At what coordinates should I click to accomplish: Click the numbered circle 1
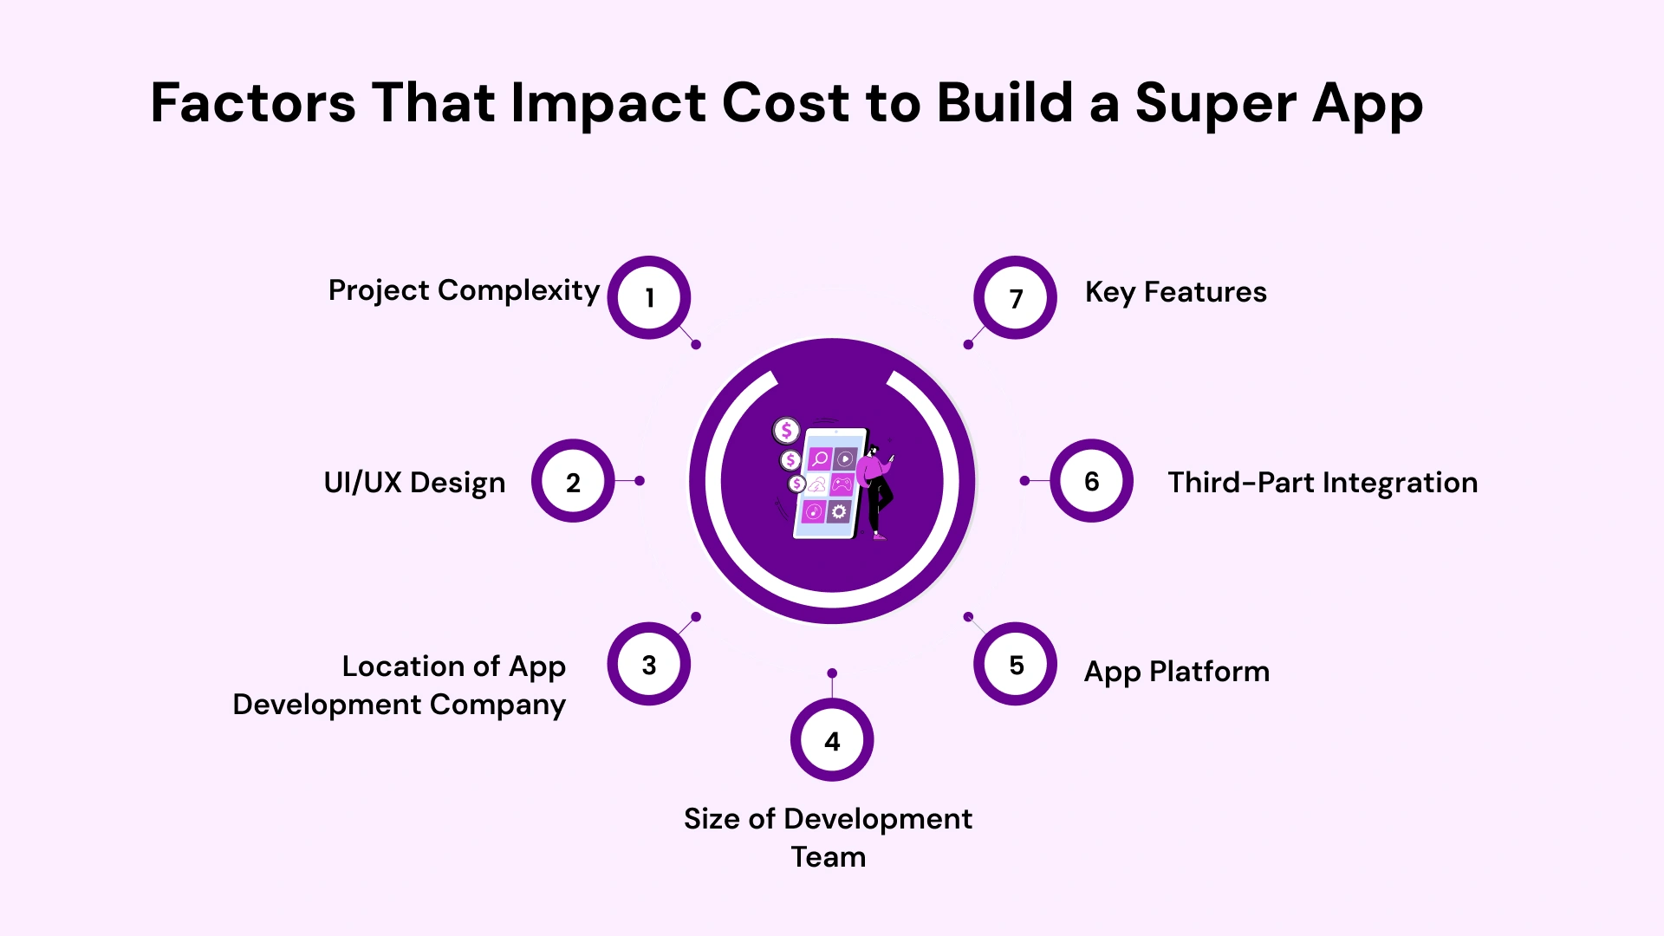(x=649, y=297)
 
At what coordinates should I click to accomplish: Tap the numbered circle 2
(x=573, y=481)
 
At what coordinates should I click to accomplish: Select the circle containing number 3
(x=649, y=664)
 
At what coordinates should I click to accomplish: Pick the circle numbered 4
(x=832, y=740)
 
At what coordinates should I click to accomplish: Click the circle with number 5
(x=1016, y=664)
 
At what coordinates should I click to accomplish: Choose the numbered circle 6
(x=1092, y=481)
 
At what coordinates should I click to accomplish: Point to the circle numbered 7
(x=1016, y=297)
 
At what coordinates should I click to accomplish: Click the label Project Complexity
(x=464, y=291)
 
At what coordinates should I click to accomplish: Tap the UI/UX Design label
(x=414, y=483)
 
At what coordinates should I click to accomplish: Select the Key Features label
(x=1175, y=293)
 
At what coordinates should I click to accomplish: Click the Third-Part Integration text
(x=1323, y=483)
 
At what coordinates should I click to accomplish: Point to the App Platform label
(x=1176, y=672)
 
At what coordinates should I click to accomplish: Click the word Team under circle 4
(x=829, y=857)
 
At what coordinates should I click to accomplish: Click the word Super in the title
(x=1215, y=104)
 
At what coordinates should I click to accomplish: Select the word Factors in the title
(x=253, y=104)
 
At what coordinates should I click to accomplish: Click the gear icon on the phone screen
(x=839, y=512)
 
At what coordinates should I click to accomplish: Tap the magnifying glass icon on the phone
(x=820, y=458)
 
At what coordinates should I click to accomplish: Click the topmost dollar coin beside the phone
(x=786, y=430)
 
